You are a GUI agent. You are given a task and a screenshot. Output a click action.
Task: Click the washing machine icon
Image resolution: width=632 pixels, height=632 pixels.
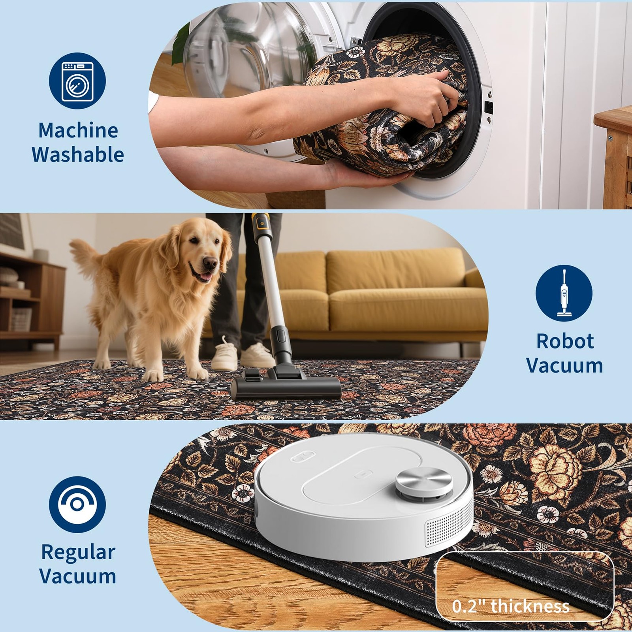coord(77,81)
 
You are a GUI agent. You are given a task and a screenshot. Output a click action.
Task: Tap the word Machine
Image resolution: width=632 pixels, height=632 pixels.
coord(78,130)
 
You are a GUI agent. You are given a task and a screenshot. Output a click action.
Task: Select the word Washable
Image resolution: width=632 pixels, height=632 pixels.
coord(78,154)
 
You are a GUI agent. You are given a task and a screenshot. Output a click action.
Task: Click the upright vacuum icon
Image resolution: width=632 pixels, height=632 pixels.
coord(564,293)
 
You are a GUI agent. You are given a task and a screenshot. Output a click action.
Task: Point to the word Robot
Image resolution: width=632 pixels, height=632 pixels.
coord(565,341)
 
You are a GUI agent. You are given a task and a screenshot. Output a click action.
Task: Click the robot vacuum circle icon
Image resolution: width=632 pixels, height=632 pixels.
coord(77,504)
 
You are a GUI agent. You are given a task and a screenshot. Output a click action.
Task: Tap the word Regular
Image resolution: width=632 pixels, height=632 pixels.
coord(78,553)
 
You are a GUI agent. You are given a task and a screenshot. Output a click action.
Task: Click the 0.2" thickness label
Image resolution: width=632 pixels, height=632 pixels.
coord(511,606)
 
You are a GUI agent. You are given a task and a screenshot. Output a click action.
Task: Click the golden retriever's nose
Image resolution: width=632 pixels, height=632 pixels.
coord(211,263)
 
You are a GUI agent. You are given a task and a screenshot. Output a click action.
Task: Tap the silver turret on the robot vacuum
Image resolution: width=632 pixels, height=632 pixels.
coord(424,482)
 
